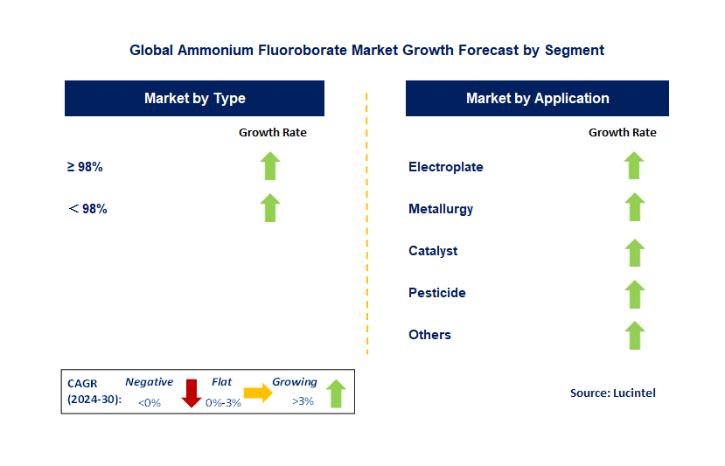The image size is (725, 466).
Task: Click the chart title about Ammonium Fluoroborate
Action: pos(366,50)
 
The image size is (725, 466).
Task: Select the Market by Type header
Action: pos(194,99)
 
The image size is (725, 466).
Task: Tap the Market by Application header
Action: pos(537,99)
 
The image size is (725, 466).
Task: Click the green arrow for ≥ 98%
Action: pos(270,166)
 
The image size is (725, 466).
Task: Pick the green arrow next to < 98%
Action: pos(270,208)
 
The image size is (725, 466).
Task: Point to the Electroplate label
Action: pos(445,167)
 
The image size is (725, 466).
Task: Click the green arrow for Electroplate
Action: pos(634,166)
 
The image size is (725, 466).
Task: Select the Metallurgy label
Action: pos(441,209)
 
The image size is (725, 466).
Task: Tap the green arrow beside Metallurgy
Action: pos(634,208)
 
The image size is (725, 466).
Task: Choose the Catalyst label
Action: pos(433,251)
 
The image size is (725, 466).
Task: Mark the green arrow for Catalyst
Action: pos(634,251)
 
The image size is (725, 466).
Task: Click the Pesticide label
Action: pos(436,293)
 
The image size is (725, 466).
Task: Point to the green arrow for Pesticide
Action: pos(634,293)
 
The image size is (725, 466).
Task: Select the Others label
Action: pos(429,335)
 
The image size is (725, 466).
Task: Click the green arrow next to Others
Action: pos(634,335)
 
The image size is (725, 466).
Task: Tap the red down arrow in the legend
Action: pos(192,394)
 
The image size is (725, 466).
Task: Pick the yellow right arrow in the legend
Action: pos(258,393)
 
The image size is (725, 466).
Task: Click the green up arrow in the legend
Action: pos(336,393)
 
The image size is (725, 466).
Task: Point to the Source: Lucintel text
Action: pos(612,393)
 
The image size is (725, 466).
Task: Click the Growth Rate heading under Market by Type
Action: pos(272,133)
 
